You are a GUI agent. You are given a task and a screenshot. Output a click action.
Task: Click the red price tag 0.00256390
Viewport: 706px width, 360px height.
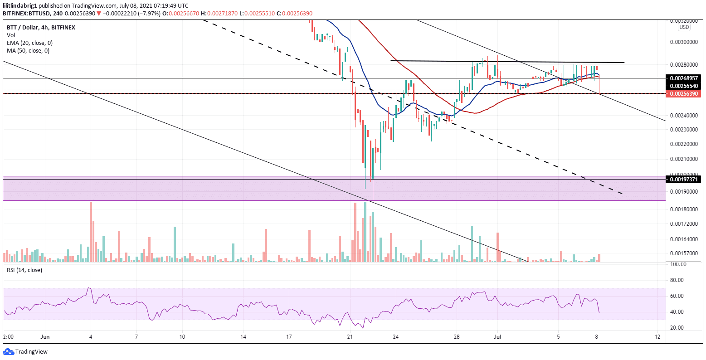click(x=685, y=94)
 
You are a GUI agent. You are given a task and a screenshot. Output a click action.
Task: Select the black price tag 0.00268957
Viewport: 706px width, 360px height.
click(x=685, y=78)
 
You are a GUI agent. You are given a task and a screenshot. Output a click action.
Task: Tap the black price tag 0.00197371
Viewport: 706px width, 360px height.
click(x=685, y=180)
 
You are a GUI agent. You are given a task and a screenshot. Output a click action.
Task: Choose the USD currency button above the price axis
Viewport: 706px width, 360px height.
click(x=684, y=27)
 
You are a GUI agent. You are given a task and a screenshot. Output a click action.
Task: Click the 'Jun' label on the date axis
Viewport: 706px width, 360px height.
click(x=44, y=337)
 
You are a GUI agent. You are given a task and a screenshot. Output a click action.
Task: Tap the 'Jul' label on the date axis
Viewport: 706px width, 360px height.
click(x=497, y=337)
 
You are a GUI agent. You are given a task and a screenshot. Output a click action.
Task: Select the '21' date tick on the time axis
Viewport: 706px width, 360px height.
click(x=349, y=337)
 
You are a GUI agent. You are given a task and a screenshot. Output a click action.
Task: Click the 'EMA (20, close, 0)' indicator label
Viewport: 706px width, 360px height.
click(x=29, y=43)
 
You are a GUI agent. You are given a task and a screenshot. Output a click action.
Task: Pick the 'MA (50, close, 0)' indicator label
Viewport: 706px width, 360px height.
click(x=28, y=50)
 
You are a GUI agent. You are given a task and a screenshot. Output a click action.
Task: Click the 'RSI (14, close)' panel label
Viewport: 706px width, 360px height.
click(x=24, y=270)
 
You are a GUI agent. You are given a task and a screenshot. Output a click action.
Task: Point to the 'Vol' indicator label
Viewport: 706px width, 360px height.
click(x=11, y=35)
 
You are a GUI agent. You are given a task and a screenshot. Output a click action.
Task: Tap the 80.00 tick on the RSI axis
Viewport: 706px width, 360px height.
click(x=677, y=280)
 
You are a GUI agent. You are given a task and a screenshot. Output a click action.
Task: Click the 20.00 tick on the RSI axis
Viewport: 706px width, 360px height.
click(x=677, y=328)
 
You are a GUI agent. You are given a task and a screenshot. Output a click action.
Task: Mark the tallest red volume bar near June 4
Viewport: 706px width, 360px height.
click(x=91, y=232)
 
